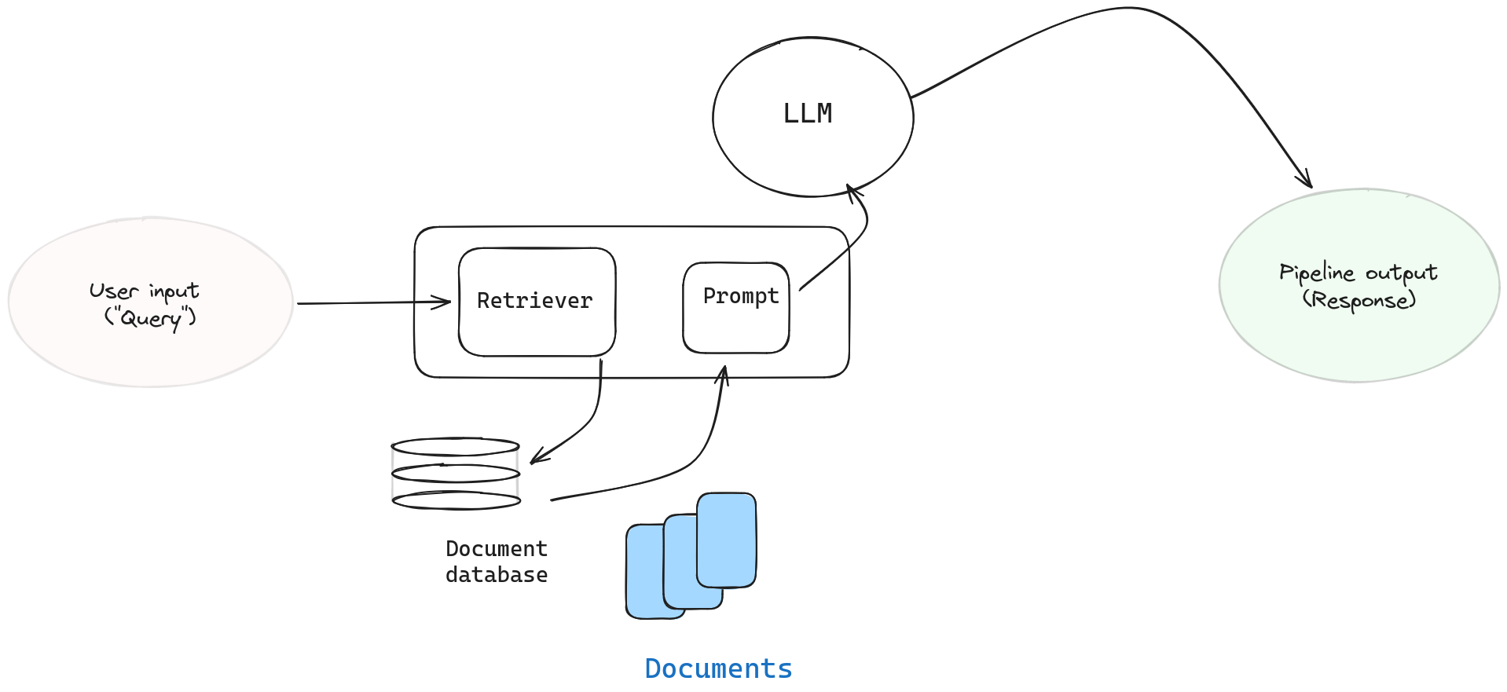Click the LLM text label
(x=807, y=114)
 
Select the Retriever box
(x=536, y=302)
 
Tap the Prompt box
(x=736, y=307)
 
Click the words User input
(x=144, y=291)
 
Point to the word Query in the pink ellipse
(x=150, y=318)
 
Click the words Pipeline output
(x=1358, y=273)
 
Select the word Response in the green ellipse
(x=1358, y=300)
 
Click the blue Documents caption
(x=718, y=668)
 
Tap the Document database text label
(x=496, y=562)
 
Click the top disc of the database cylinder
(x=455, y=447)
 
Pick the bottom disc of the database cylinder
(x=456, y=500)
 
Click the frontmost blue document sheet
(x=727, y=540)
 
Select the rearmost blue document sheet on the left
(x=644, y=573)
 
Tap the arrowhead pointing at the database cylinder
(x=537, y=458)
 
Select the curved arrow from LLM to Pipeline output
(x=1124, y=9)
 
